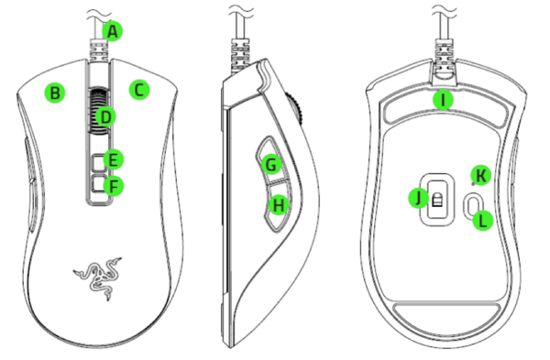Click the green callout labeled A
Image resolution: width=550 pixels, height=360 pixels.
[112, 31]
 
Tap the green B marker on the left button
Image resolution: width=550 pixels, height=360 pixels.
[55, 93]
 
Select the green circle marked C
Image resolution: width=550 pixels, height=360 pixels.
[139, 90]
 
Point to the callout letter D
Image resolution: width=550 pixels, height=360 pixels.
[105, 116]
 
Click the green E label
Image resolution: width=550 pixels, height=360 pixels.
[113, 159]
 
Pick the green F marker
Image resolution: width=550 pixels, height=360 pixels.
[114, 186]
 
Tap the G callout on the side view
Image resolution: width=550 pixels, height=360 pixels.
[271, 164]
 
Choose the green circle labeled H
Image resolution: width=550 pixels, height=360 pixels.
[279, 204]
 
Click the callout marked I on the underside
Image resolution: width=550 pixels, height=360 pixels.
[443, 100]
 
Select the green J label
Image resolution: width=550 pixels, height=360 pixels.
[419, 198]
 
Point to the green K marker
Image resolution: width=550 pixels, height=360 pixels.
[481, 175]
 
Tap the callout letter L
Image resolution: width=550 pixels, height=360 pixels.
[483, 221]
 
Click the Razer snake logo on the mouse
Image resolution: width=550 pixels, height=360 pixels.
[98, 278]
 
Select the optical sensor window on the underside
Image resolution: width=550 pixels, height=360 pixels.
[437, 200]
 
